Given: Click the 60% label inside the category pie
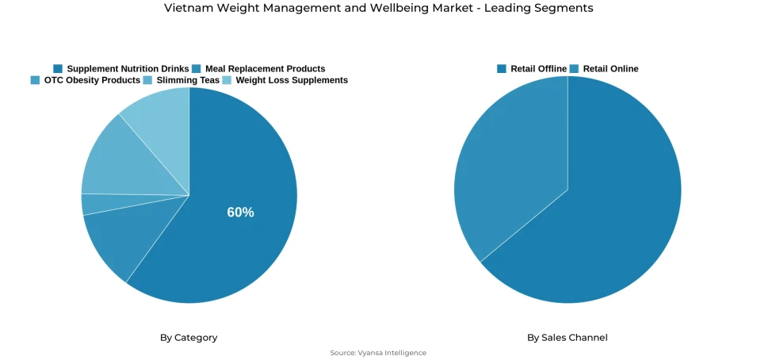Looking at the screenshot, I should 240,213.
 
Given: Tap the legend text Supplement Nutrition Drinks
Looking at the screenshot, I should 128,69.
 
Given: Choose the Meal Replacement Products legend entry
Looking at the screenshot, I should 265,69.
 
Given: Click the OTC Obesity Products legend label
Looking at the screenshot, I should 92,80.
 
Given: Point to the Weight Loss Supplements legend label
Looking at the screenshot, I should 292,80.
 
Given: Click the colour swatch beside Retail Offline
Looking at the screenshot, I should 502,69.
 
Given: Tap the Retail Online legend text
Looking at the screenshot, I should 610,69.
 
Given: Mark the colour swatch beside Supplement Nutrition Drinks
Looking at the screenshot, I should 58,69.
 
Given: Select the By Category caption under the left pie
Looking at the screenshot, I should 189,338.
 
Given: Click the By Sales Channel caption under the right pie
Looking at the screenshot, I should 568,338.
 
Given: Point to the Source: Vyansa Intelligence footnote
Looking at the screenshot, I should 378,353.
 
